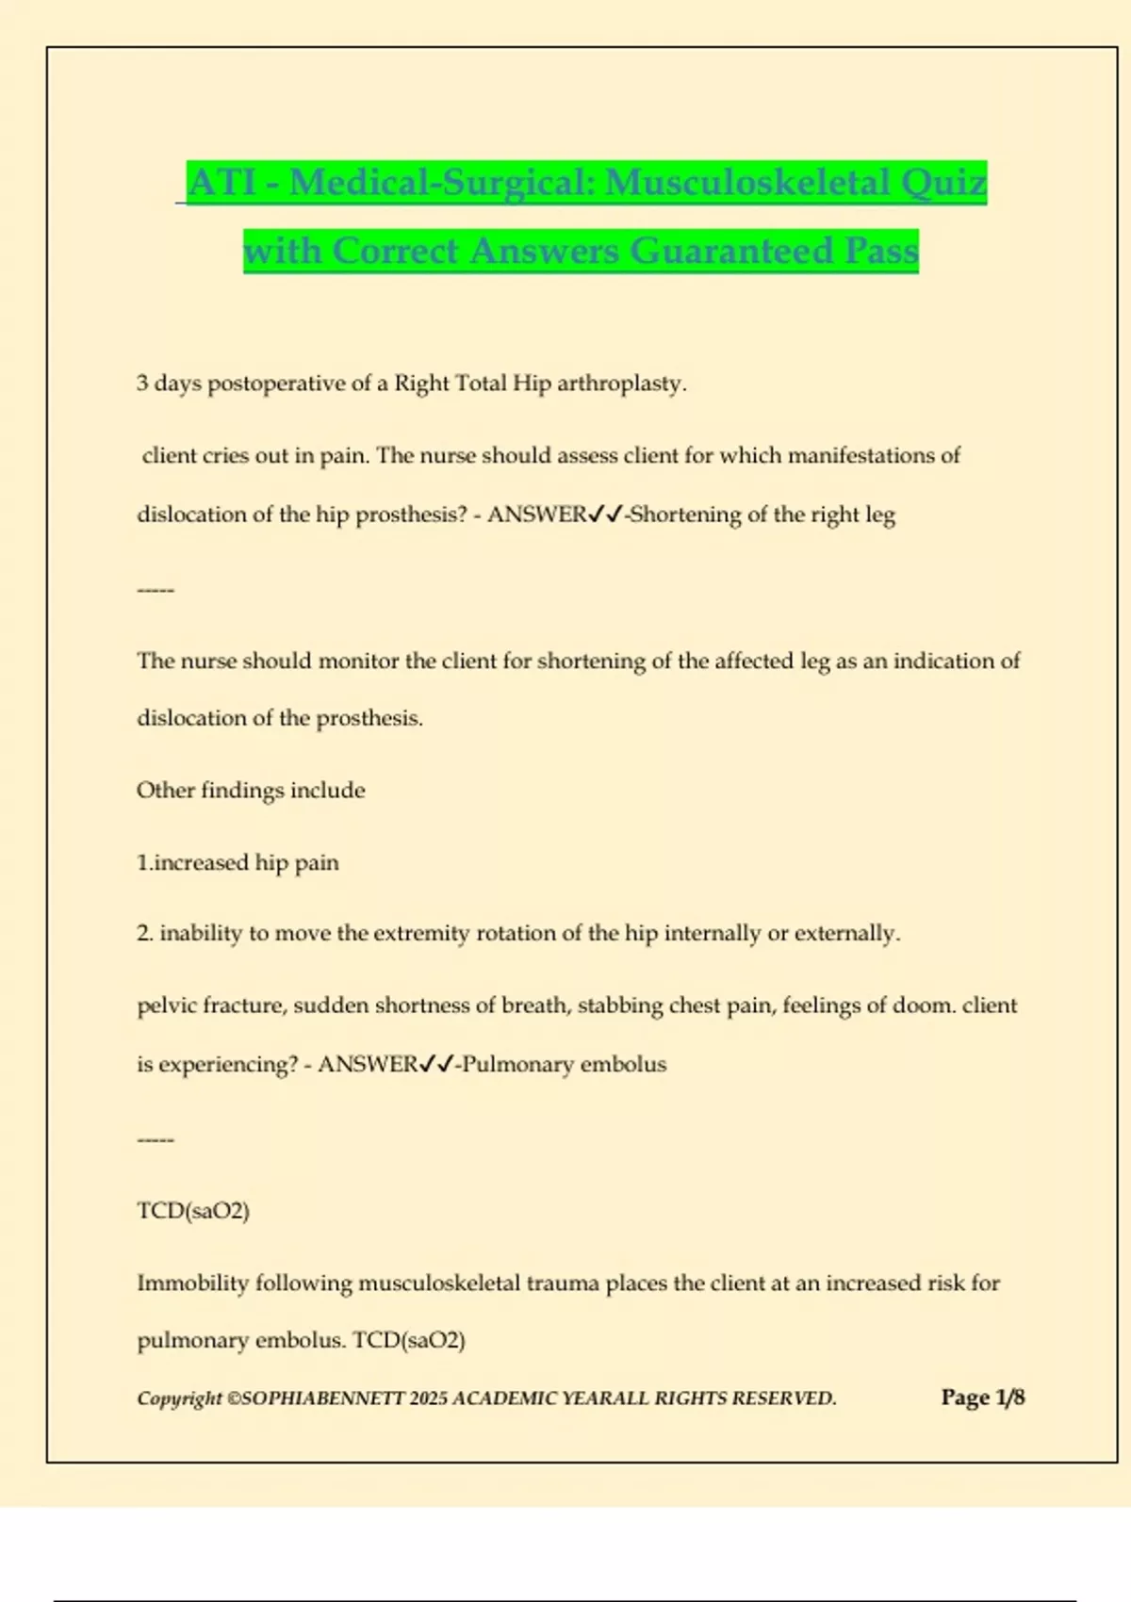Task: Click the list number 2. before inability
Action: pyautogui.click(x=145, y=933)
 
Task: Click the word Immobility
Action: pyautogui.click(x=192, y=1283)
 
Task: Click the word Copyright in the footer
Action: pyautogui.click(x=179, y=1398)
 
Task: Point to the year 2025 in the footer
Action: pyautogui.click(x=429, y=1398)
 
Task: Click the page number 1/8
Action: pyautogui.click(x=1009, y=1397)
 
